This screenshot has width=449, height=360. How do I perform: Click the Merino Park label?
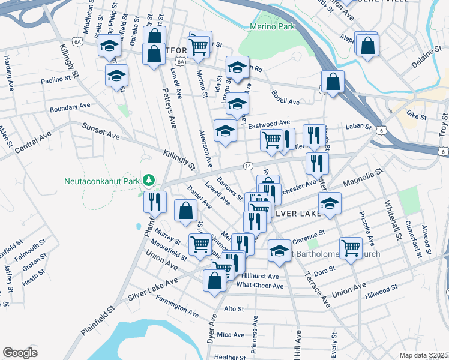[271, 27]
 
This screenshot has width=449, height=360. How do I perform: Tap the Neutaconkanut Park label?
[103, 181]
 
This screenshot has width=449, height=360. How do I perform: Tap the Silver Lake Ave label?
[153, 290]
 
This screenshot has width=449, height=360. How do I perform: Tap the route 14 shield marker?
[248, 165]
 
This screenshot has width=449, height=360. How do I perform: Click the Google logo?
[20, 353]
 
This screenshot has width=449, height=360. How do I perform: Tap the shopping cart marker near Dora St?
[351, 247]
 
